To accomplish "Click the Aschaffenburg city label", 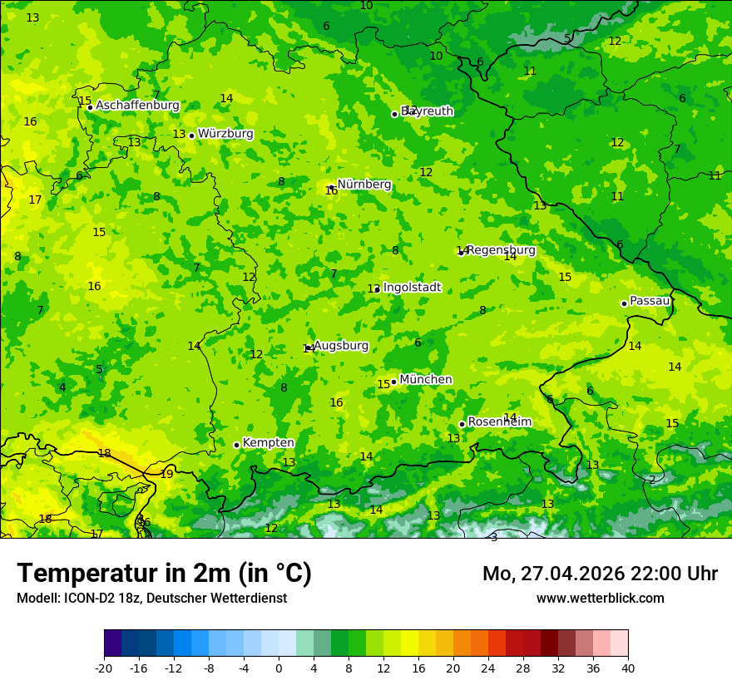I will coord(137,106).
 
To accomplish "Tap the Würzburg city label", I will coord(225,134).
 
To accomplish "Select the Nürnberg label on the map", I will coord(364,185).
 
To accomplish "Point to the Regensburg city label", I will coord(501,250).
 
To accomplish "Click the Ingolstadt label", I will coord(412,288).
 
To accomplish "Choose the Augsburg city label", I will coord(340,346).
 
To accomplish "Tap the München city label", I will coord(426,380).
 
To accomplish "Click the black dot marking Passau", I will coord(624,303).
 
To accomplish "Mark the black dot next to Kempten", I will coord(236,445).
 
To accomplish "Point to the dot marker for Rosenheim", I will coord(462,424).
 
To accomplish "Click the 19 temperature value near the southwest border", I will coord(167,475).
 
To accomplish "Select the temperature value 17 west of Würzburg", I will coord(35,200).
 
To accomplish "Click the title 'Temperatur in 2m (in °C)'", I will coord(164,574).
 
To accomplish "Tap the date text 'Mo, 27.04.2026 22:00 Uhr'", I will coord(600,574).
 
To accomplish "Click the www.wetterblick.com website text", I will coord(600,599).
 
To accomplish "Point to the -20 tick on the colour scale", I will coord(104,668).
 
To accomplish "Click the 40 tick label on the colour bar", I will coord(628,668).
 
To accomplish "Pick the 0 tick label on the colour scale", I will coord(279,668).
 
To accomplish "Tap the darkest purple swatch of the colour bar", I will coord(112,643).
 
